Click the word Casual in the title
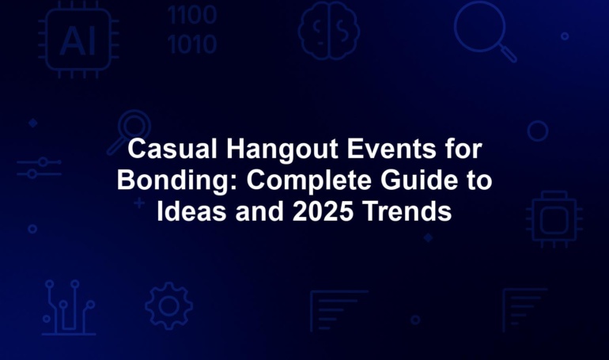[x=172, y=149]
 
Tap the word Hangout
[x=282, y=150]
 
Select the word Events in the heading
[x=391, y=149]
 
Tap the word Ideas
[x=191, y=211]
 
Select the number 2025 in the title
[x=323, y=211]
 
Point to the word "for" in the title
[x=463, y=149]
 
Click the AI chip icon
[x=78, y=40]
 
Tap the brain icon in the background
[x=328, y=31]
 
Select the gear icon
[x=169, y=306]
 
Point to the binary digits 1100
[x=192, y=15]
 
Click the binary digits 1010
[x=192, y=44]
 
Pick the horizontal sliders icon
[x=40, y=168]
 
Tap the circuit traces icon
[x=69, y=307]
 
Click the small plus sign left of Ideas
[x=139, y=203]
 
